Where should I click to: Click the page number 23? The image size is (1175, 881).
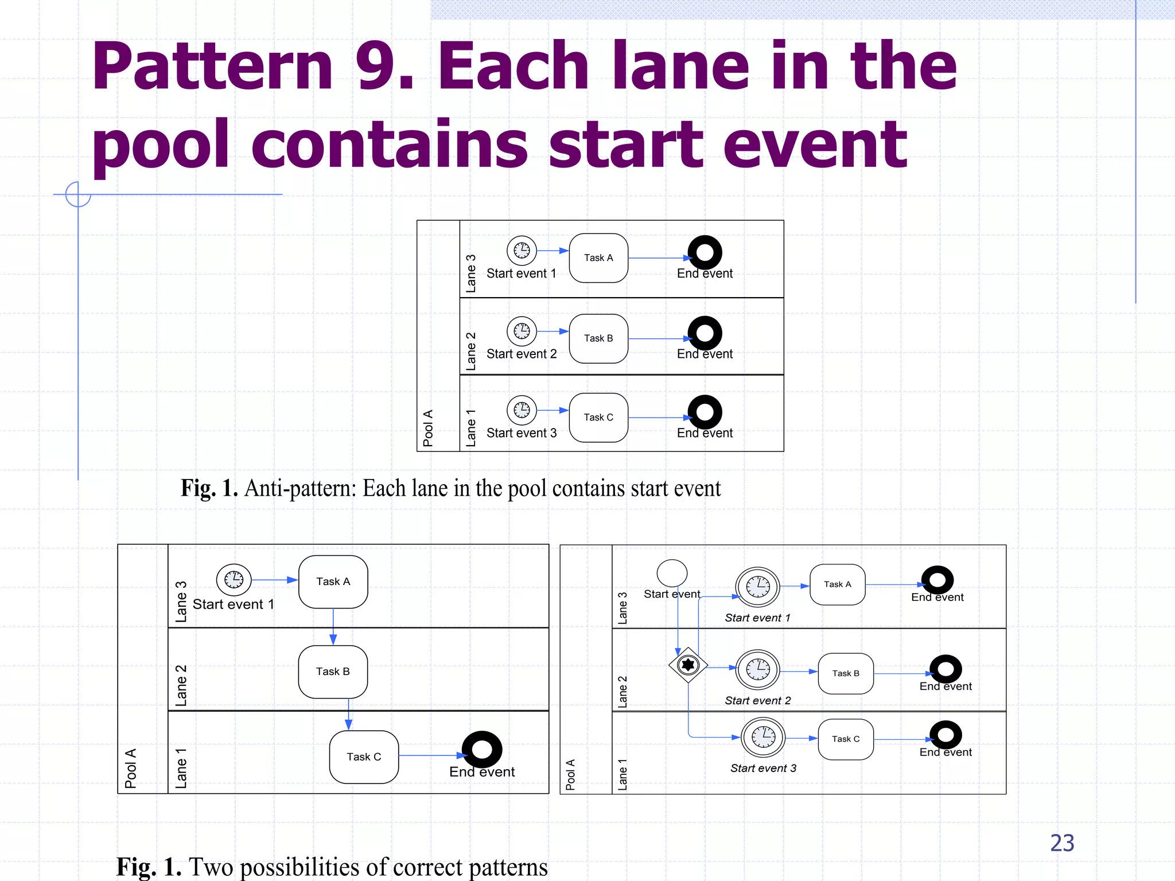point(1062,843)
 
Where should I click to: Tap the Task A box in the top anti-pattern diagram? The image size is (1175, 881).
point(598,258)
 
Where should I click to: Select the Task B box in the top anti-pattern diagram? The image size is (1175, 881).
point(598,338)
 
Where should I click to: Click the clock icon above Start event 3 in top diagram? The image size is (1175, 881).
point(522,410)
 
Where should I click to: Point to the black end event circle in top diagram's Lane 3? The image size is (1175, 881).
point(705,252)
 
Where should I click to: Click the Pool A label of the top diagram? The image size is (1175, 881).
point(428,428)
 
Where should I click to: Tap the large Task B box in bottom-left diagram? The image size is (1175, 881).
point(333,672)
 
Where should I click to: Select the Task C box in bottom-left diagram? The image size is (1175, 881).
point(364,757)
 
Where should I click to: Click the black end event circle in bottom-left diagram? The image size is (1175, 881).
point(482,749)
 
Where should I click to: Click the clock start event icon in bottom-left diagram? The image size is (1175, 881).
point(234,580)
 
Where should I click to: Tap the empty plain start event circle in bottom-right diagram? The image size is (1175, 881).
point(672,573)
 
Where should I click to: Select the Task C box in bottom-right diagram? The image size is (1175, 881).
point(846,739)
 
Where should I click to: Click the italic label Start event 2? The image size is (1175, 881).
point(757,700)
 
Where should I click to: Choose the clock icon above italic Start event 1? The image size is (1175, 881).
point(757,587)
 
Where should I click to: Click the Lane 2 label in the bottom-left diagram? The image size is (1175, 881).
point(181,685)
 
